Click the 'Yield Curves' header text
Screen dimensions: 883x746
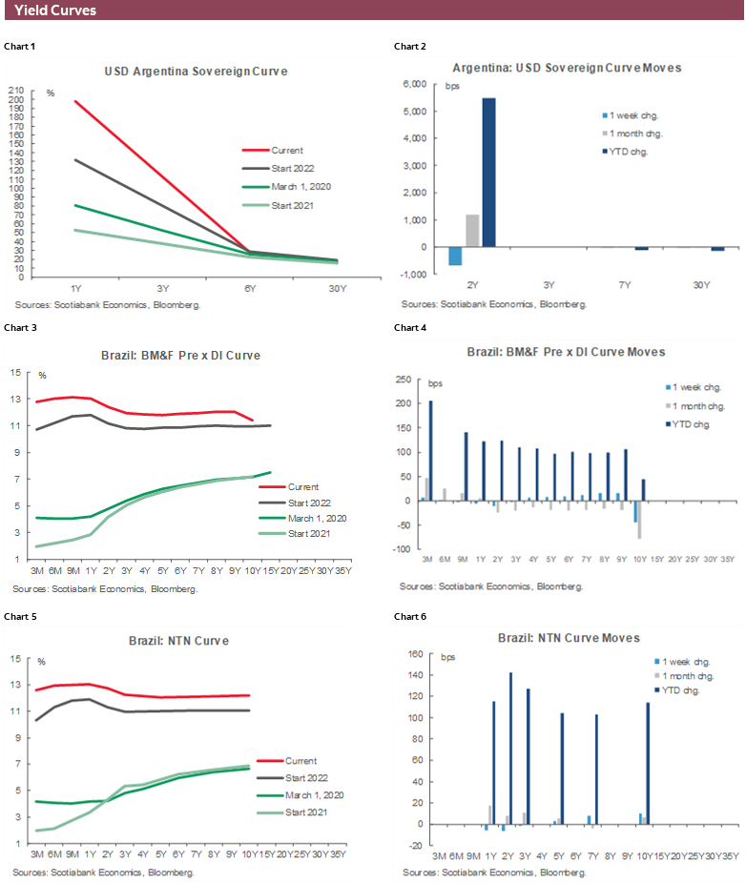coord(54,10)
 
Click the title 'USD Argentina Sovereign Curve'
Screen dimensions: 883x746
coord(196,72)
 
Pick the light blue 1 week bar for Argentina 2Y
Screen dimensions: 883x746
coord(456,256)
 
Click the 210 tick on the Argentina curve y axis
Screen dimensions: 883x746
coord(16,90)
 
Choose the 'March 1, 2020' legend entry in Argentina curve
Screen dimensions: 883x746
coord(300,187)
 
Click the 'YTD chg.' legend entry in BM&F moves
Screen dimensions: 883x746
coord(692,423)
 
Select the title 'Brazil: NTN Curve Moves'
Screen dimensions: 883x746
coord(569,637)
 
